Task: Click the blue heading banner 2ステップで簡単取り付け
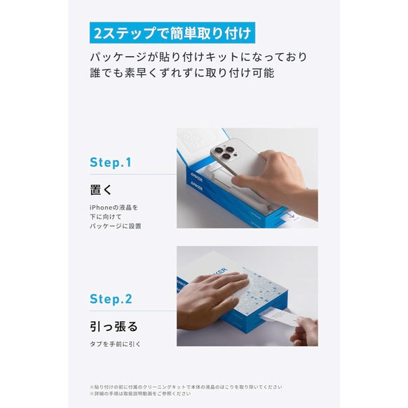click(x=171, y=33)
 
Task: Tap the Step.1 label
click(x=111, y=162)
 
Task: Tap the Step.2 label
click(x=111, y=299)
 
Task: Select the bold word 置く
click(x=102, y=190)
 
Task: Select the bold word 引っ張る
click(x=113, y=327)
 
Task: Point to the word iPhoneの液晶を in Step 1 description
click(x=114, y=208)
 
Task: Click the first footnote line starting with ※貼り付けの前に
click(x=186, y=386)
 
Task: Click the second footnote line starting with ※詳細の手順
click(x=140, y=393)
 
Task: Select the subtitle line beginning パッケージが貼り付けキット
click(x=198, y=57)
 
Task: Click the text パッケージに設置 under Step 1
click(x=115, y=226)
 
